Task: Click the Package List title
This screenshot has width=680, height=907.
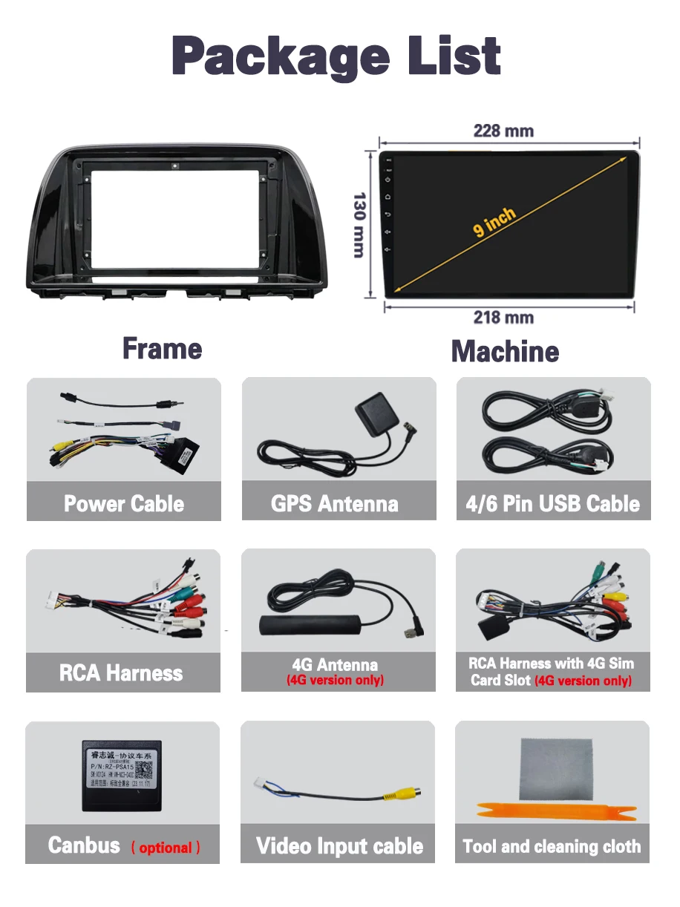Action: (x=336, y=56)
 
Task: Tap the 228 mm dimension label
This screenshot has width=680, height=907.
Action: (x=503, y=131)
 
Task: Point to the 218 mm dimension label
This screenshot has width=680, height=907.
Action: (x=503, y=318)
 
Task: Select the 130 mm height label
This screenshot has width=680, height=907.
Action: (x=359, y=225)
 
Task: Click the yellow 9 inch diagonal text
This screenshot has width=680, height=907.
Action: (x=494, y=223)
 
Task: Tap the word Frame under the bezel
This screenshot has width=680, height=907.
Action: (x=162, y=349)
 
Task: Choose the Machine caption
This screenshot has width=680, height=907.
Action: (x=505, y=351)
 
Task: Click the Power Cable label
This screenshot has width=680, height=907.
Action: (x=124, y=504)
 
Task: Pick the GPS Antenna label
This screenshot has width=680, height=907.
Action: (x=335, y=504)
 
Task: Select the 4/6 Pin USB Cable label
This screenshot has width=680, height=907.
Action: (x=552, y=504)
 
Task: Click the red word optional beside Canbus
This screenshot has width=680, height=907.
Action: (x=166, y=848)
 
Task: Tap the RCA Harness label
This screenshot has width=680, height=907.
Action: (x=121, y=673)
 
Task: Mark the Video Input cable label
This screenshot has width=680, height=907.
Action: (x=339, y=846)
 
